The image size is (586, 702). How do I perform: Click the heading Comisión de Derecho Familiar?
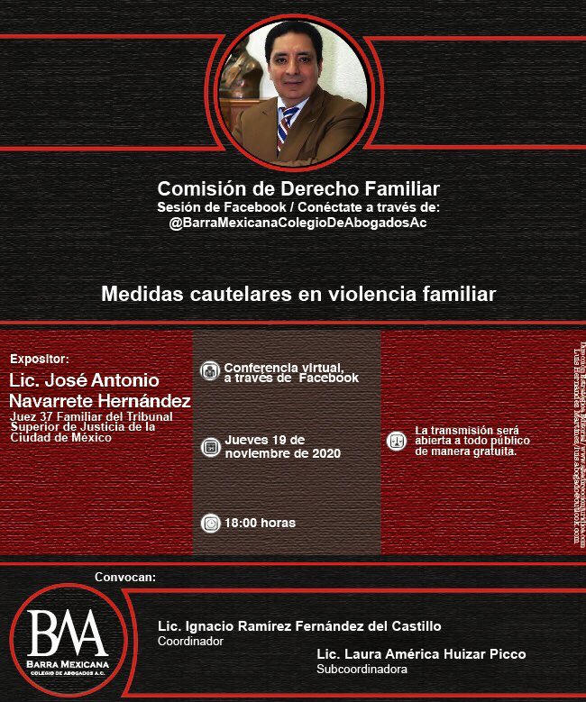[298, 189]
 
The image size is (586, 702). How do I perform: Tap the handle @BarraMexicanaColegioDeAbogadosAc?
[298, 223]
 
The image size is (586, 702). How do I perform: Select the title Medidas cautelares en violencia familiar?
[298, 294]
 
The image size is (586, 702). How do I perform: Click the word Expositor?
[39, 358]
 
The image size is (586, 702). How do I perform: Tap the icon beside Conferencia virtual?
[210, 370]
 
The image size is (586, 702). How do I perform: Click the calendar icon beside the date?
[210, 446]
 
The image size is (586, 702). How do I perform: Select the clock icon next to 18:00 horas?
[210, 523]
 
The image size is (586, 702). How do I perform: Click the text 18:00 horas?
[261, 523]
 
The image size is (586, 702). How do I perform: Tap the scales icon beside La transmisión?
[395, 442]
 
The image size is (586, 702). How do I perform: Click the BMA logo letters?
[68, 632]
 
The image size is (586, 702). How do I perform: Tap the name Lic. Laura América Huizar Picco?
[421, 654]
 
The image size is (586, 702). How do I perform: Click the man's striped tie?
[287, 126]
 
